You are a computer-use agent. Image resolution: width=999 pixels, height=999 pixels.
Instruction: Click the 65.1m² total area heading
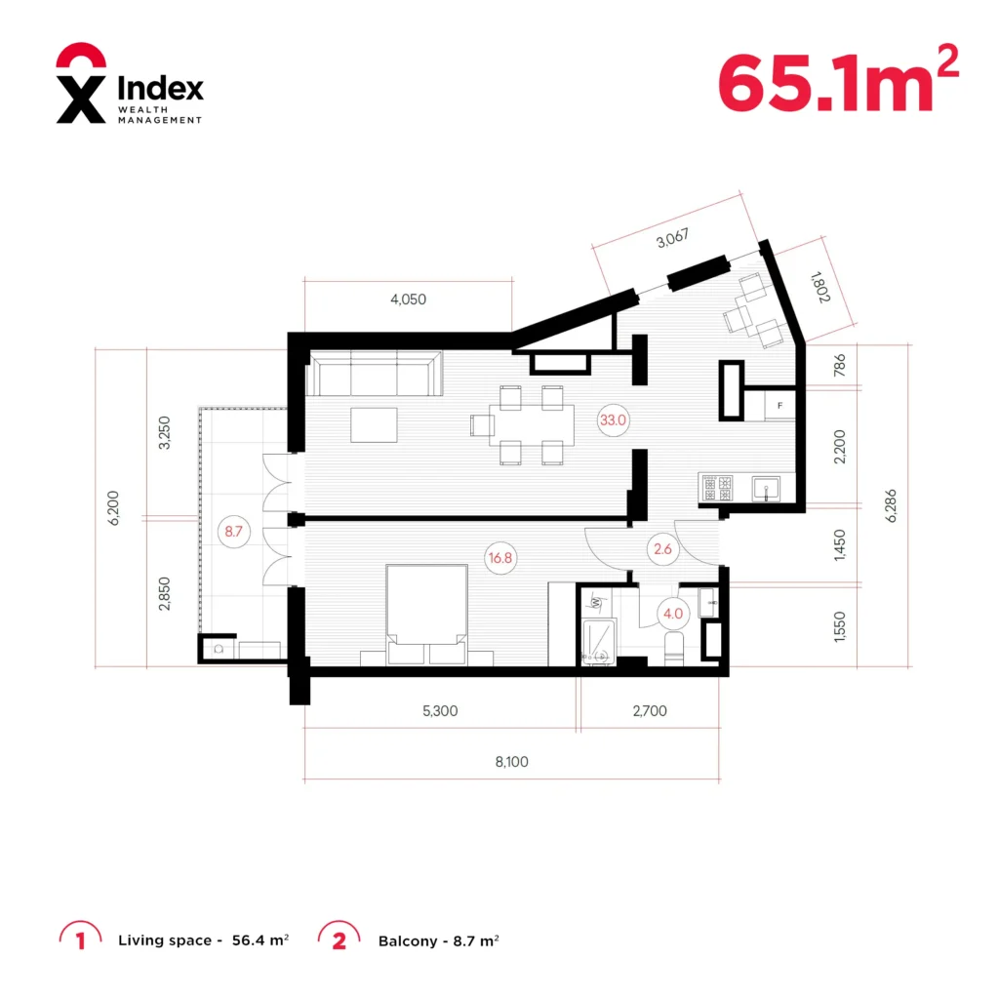coord(838,80)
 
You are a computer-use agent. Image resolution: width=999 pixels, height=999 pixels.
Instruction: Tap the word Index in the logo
coord(161,87)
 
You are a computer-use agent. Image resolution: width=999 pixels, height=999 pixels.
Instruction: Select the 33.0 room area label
coord(613,420)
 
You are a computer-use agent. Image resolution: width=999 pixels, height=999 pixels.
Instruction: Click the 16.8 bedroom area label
coord(500,558)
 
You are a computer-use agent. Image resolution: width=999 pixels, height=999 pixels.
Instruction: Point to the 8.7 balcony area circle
coord(234,532)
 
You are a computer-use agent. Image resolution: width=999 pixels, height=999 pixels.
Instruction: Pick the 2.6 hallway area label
coord(662,548)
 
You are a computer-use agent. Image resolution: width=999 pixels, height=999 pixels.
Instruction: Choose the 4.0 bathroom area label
coord(673,614)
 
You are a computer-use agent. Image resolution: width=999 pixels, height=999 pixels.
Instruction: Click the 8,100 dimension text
coord(511,761)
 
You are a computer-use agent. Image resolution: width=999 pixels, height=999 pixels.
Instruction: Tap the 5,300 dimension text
coord(440,710)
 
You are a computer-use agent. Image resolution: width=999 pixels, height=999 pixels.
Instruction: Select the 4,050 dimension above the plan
coord(409,299)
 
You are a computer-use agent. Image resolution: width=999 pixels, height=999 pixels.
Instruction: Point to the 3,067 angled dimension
coord(673,238)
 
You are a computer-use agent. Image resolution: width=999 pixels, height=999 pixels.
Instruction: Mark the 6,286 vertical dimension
coord(891,506)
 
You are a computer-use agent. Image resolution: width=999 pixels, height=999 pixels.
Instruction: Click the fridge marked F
coord(779,405)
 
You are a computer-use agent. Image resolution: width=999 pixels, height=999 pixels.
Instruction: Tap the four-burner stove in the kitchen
coord(717,488)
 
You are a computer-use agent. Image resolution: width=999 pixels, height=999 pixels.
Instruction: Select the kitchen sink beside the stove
coord(766,489)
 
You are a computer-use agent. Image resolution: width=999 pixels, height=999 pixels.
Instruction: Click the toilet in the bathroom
coord(674,649)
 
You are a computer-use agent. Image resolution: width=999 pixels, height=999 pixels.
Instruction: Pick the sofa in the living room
coord(375,373)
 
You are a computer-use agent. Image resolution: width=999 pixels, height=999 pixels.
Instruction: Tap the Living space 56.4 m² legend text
coord(203,940)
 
